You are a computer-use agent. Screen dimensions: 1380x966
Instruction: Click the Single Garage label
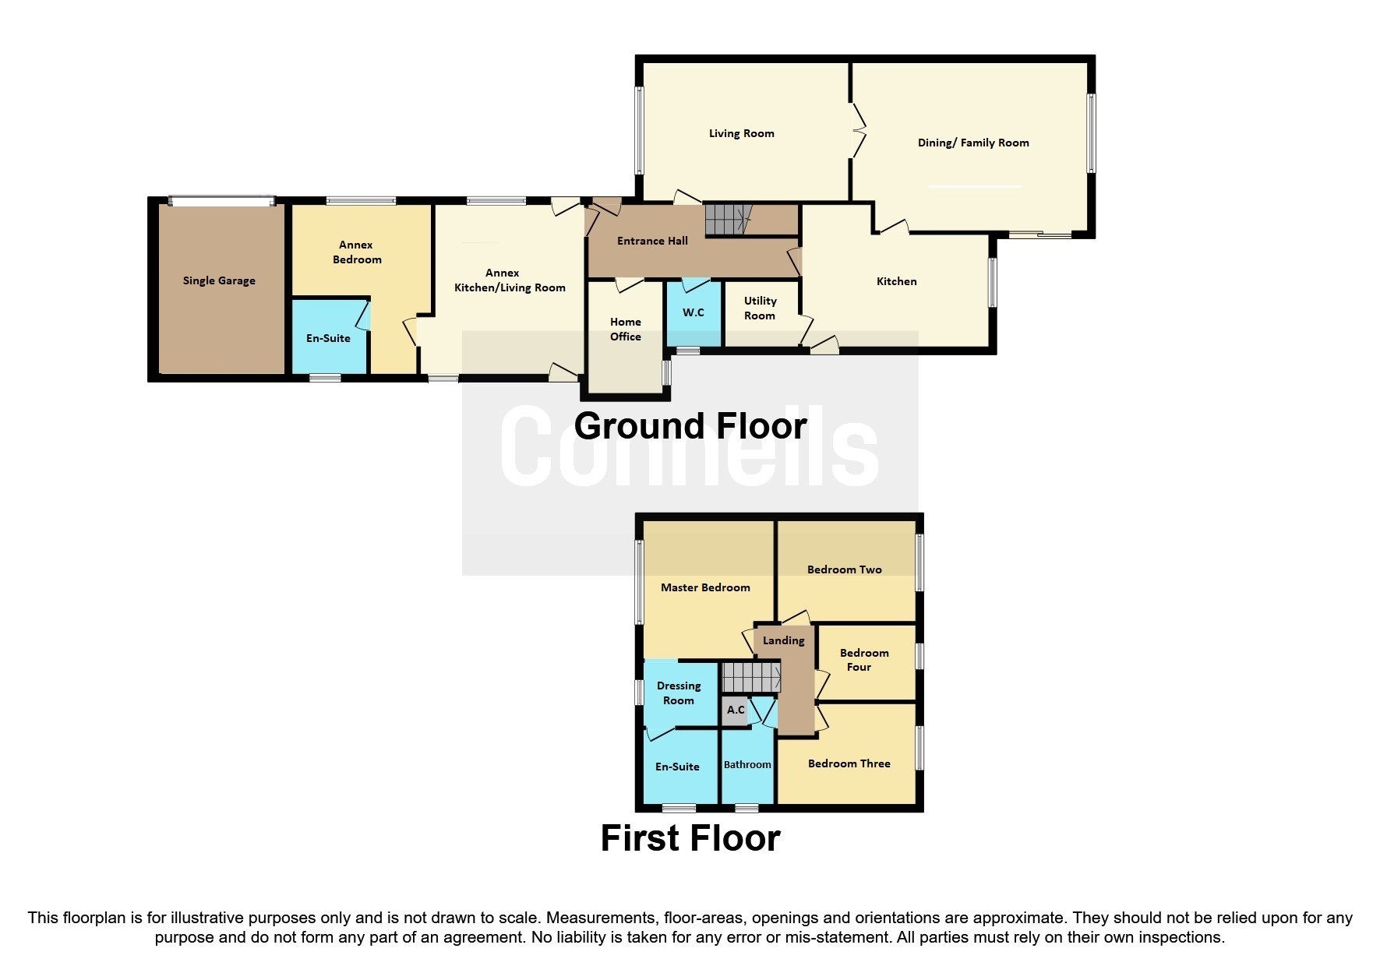[x=219, y=281]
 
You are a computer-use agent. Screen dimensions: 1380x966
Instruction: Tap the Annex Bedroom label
[x=357, y=252]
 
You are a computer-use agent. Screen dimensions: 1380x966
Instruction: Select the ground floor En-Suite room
[x=328, y=337]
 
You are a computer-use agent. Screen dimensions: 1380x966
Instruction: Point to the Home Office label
[x=626, y=330]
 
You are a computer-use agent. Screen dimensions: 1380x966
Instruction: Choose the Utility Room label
[x=760, y=308]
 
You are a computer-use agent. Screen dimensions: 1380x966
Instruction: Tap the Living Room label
[x=742, y=134]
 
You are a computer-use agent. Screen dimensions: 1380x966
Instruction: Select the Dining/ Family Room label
[x=973, y=143]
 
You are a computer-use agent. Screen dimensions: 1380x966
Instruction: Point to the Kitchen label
[x=897, y=281]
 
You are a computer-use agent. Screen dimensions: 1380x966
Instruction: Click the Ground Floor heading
[x=690, y=426]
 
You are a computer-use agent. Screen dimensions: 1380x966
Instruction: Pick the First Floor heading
[x=690, y=838]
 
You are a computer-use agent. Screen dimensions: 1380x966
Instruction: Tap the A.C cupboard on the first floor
[x=736, y=710]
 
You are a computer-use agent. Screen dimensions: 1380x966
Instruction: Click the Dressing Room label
[x=679, y=693]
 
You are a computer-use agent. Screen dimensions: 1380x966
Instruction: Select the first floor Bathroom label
[x=747, y=765]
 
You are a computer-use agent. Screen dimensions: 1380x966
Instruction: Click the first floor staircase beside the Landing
[x=751, y=677]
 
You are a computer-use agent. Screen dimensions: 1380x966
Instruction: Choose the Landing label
[x=783, y=641]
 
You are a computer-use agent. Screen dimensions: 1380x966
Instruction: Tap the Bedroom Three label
[x=849, y=764]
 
